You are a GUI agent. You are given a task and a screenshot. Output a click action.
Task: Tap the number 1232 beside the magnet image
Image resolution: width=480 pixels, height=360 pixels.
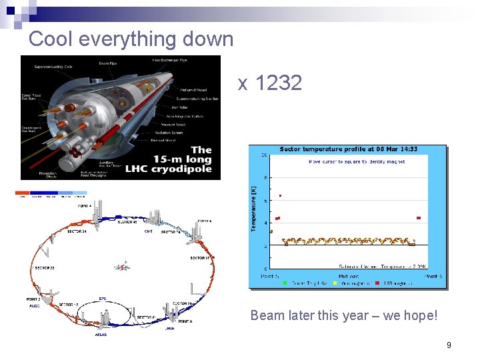[279, 83]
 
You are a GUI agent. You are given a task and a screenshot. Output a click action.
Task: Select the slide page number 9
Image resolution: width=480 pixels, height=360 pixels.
[449, 345]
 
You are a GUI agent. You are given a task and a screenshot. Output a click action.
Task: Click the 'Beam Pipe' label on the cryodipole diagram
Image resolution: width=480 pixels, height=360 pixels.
[109, 63]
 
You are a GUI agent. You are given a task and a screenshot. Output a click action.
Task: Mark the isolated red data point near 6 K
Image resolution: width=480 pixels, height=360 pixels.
[281, 195]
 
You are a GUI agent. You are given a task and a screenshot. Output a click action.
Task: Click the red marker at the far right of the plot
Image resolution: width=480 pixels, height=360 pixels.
[419, 217]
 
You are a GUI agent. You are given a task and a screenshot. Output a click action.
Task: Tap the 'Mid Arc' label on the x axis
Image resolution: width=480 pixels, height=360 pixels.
[347, 276]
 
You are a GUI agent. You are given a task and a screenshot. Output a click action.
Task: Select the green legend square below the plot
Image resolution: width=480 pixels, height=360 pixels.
[285, 283]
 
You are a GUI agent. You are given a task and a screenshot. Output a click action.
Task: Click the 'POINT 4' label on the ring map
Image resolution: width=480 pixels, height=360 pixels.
[84, 206]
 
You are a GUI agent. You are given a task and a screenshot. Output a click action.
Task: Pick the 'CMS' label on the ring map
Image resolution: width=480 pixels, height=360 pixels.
[148, 231]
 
